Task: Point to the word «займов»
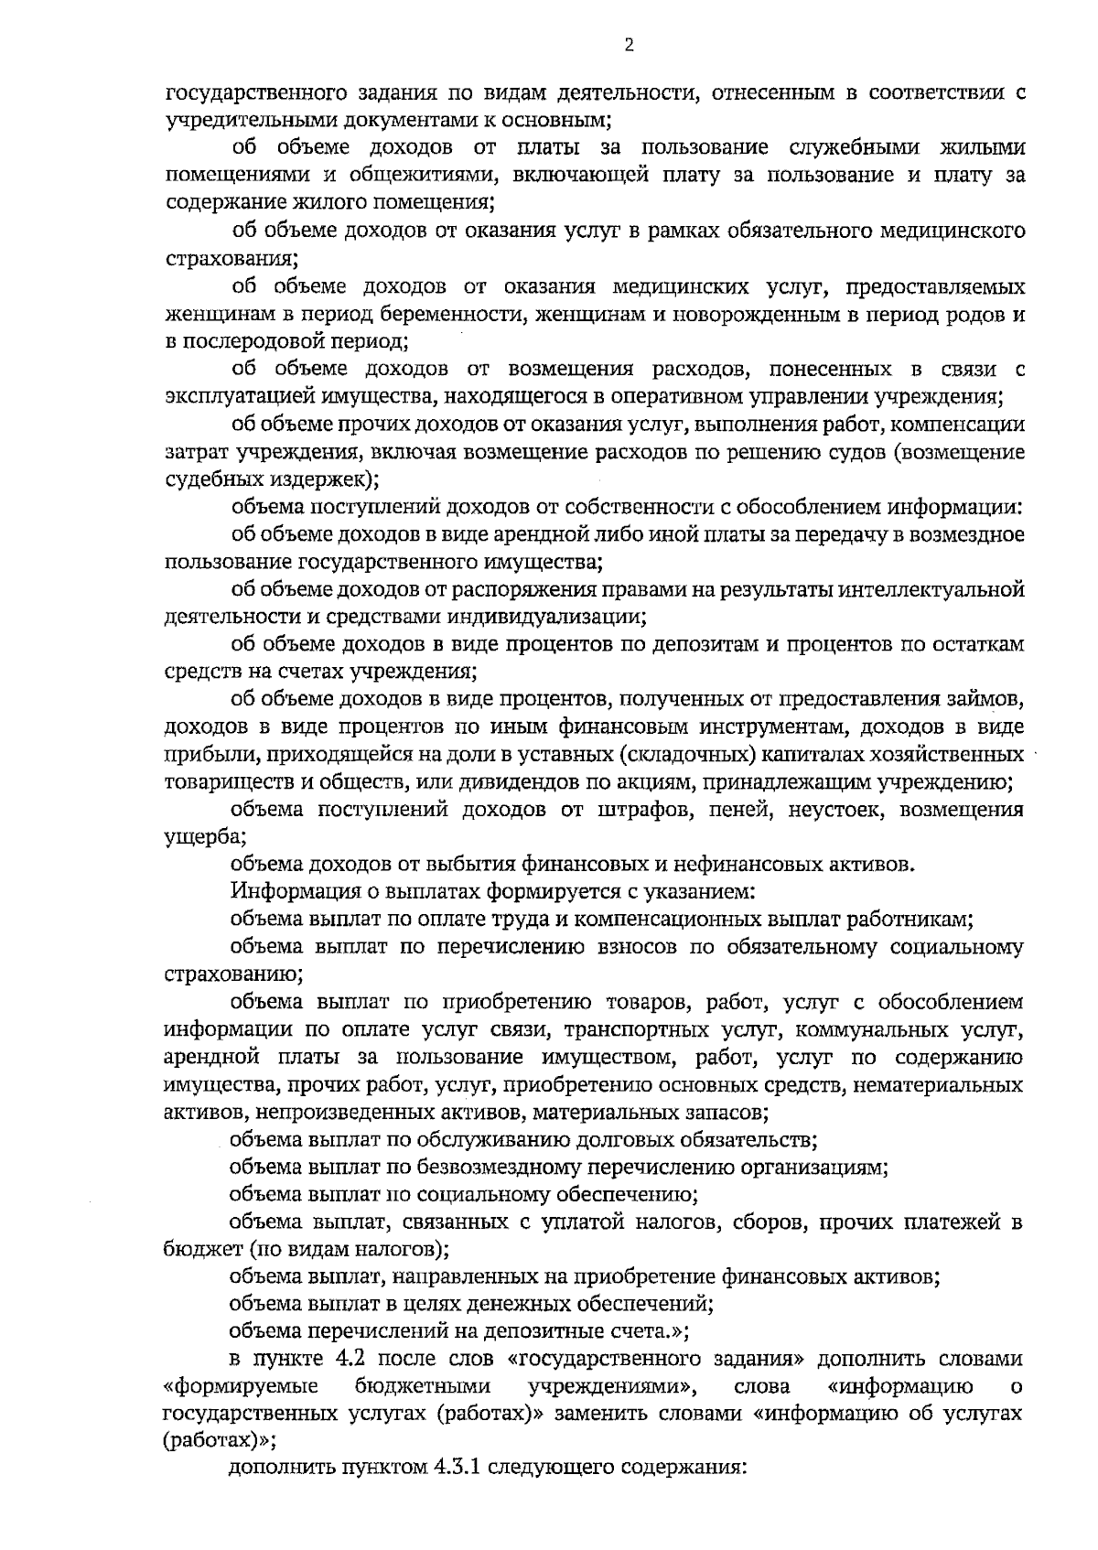tap(984, 700)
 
